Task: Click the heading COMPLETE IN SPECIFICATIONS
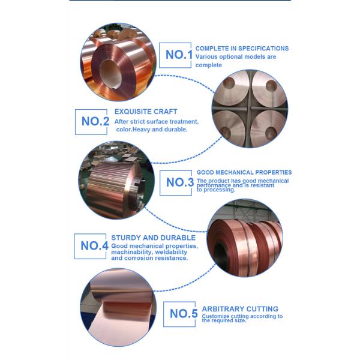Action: click(242, 49)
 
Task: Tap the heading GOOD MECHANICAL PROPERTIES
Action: click(244, 172)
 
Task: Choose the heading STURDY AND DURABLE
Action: click(153, 238)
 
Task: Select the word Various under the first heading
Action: click(209, 56)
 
